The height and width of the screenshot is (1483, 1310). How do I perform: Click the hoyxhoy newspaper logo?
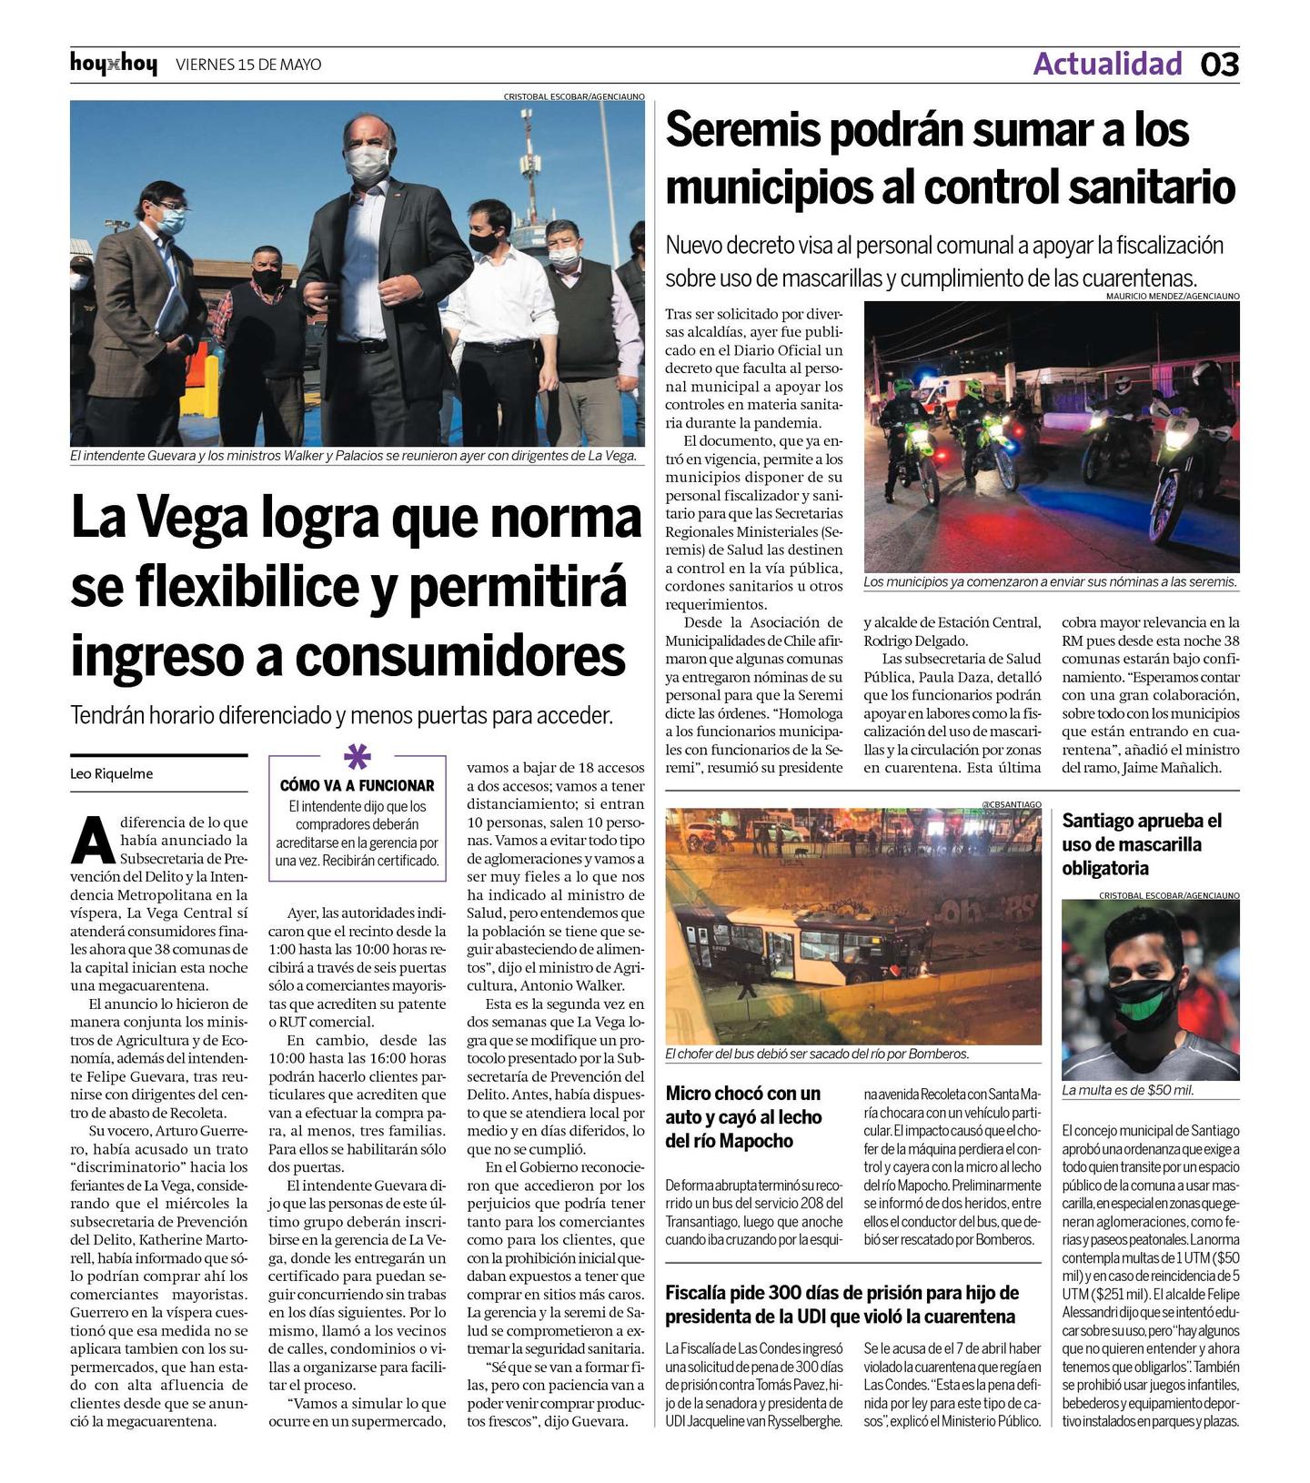tap(113, 65)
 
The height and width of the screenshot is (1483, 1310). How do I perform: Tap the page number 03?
tap(1219, 65)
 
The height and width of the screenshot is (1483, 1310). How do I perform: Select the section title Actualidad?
tap(1107, 64)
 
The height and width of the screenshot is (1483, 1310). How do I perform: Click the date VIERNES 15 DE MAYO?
tap(247, 65)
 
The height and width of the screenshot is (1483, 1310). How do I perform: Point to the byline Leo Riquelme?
tap(111, 774)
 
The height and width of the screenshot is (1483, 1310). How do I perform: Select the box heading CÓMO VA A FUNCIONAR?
tap(357, 785)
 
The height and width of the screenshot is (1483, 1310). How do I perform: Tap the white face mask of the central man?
tap(367, 164)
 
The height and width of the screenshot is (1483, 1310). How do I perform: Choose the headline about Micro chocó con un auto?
tap(743, 1117)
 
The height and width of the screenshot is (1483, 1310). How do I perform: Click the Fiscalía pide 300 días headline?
tap(841, 1305)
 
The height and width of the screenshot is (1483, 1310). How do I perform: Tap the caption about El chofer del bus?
tap(816, 1054)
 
